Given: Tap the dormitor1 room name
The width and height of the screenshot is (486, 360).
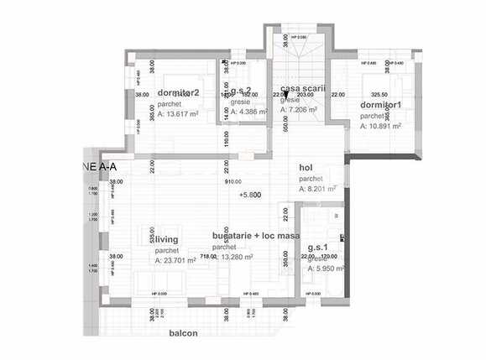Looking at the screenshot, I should pyautogui.click(x=381, y=105).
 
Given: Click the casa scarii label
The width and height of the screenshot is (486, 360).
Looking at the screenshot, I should pyautogui.click(x=302, y=88).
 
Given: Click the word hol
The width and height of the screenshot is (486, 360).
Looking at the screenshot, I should pyautogui.click(x=306, y=167).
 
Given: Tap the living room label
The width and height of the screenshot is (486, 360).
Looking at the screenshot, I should pyautogui.click(x=165, y=240).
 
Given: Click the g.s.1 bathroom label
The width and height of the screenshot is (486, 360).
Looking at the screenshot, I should pyautogui.click(x=318, y=248).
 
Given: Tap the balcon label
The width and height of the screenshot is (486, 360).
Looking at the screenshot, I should pyautogui.click(x=182, y=333).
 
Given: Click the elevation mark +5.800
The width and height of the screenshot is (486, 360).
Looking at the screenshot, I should pyautogui.click(x=250, y=195).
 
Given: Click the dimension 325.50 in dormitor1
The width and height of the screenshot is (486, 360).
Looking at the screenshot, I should pyautogui.click(x=379, y=95).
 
